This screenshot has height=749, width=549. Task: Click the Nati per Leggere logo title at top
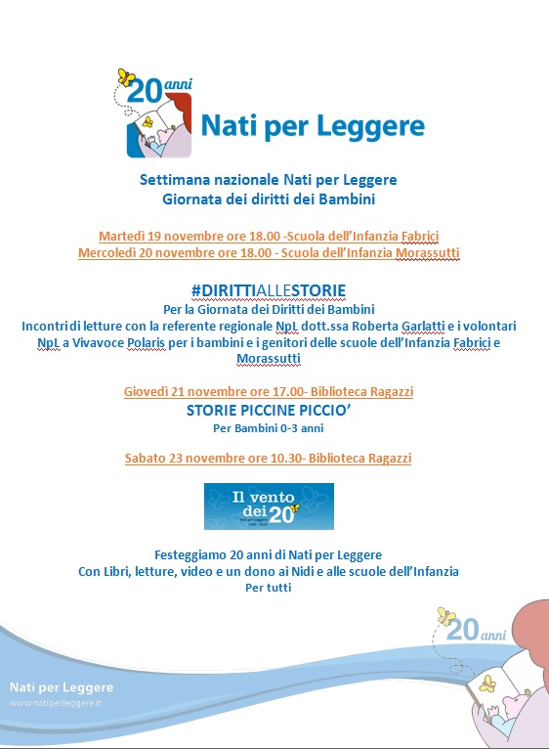point(312,126)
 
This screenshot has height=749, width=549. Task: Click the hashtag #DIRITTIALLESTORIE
point(268,291)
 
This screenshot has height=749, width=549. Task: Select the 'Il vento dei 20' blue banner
point(268,506)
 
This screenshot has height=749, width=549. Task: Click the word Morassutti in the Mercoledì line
point(427,253)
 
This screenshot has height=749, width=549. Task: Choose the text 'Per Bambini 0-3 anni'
point(268,427)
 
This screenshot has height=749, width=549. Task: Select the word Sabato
point(148,458)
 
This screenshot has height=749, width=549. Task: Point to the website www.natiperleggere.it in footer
point(55,704)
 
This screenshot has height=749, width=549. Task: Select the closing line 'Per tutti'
point(268,588)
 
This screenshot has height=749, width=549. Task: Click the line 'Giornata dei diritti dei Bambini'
point(268,198)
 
